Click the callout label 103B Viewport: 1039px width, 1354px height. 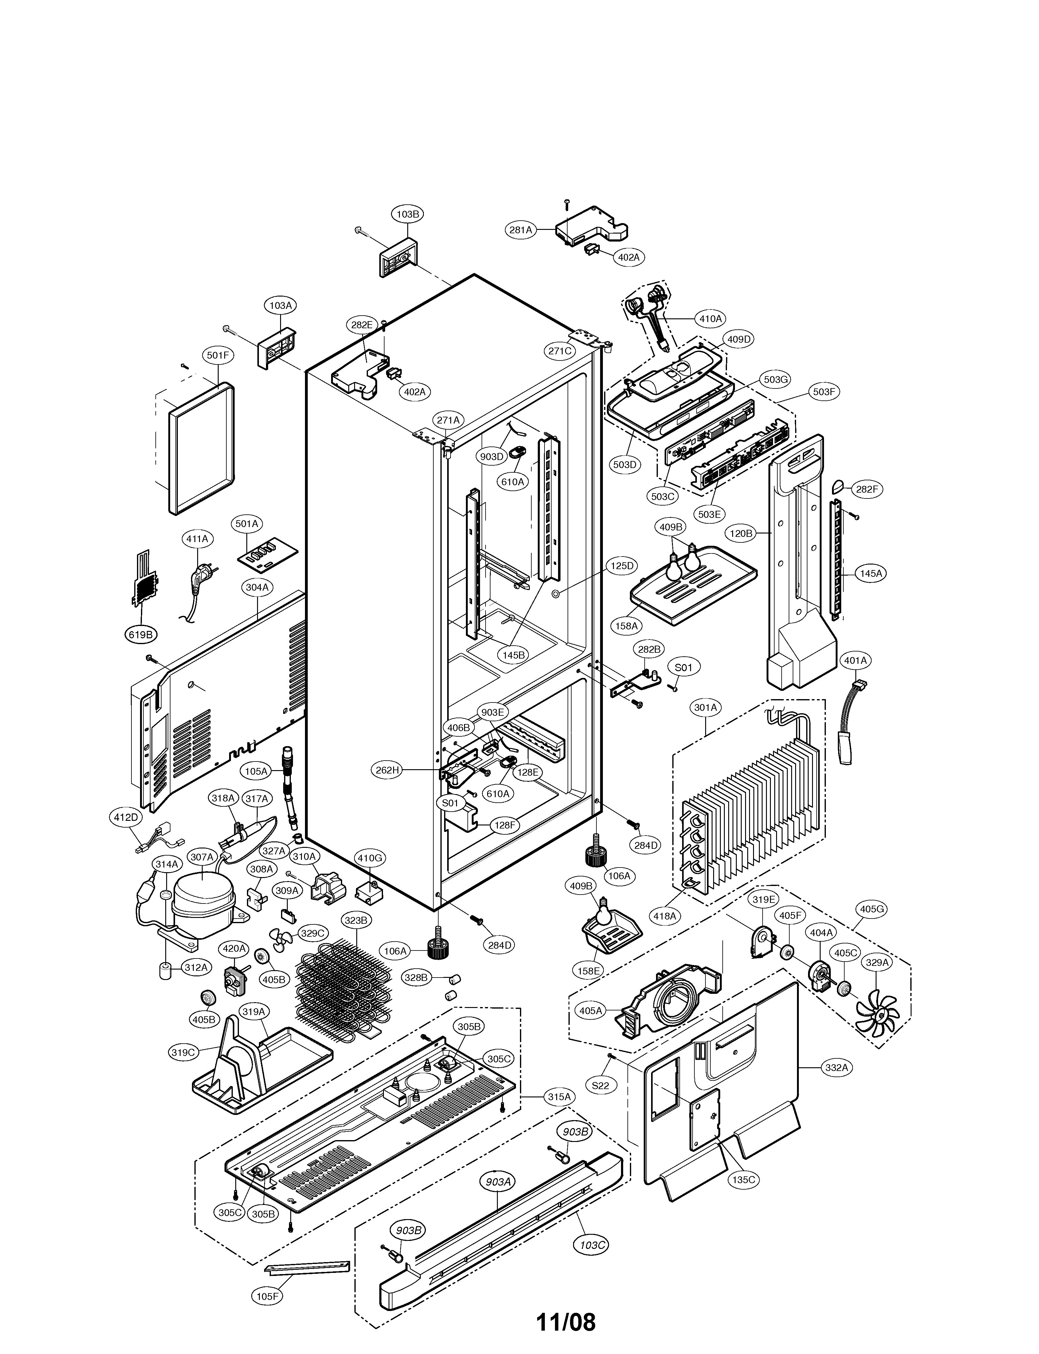tap(408, 214)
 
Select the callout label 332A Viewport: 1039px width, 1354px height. tap(838, 1068)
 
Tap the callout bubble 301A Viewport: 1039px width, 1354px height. tap(706, 707)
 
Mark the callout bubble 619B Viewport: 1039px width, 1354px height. tap(140, 634)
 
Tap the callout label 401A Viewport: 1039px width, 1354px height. tap(855, 661)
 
